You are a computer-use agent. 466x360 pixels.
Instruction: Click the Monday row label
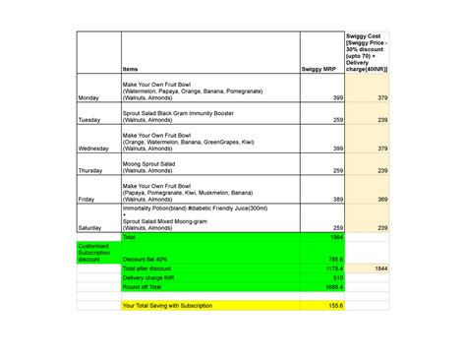click(87, 98)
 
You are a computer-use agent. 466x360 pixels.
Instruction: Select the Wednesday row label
click(92, 149)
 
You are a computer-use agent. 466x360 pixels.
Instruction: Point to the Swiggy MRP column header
click(320, 69)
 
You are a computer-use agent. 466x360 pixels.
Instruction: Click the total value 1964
click(336, 237)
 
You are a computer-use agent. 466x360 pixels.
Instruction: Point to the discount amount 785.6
click(335, 259)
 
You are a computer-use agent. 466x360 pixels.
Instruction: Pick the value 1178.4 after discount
click(334, 269)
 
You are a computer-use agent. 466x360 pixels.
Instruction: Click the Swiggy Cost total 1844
click(379, 269)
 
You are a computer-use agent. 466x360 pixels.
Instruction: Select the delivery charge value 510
click(337, 277)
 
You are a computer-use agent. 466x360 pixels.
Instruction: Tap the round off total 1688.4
click(334, 287)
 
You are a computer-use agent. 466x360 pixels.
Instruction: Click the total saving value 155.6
click(335, 306)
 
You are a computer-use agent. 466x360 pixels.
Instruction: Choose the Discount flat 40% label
click(145, 259)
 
